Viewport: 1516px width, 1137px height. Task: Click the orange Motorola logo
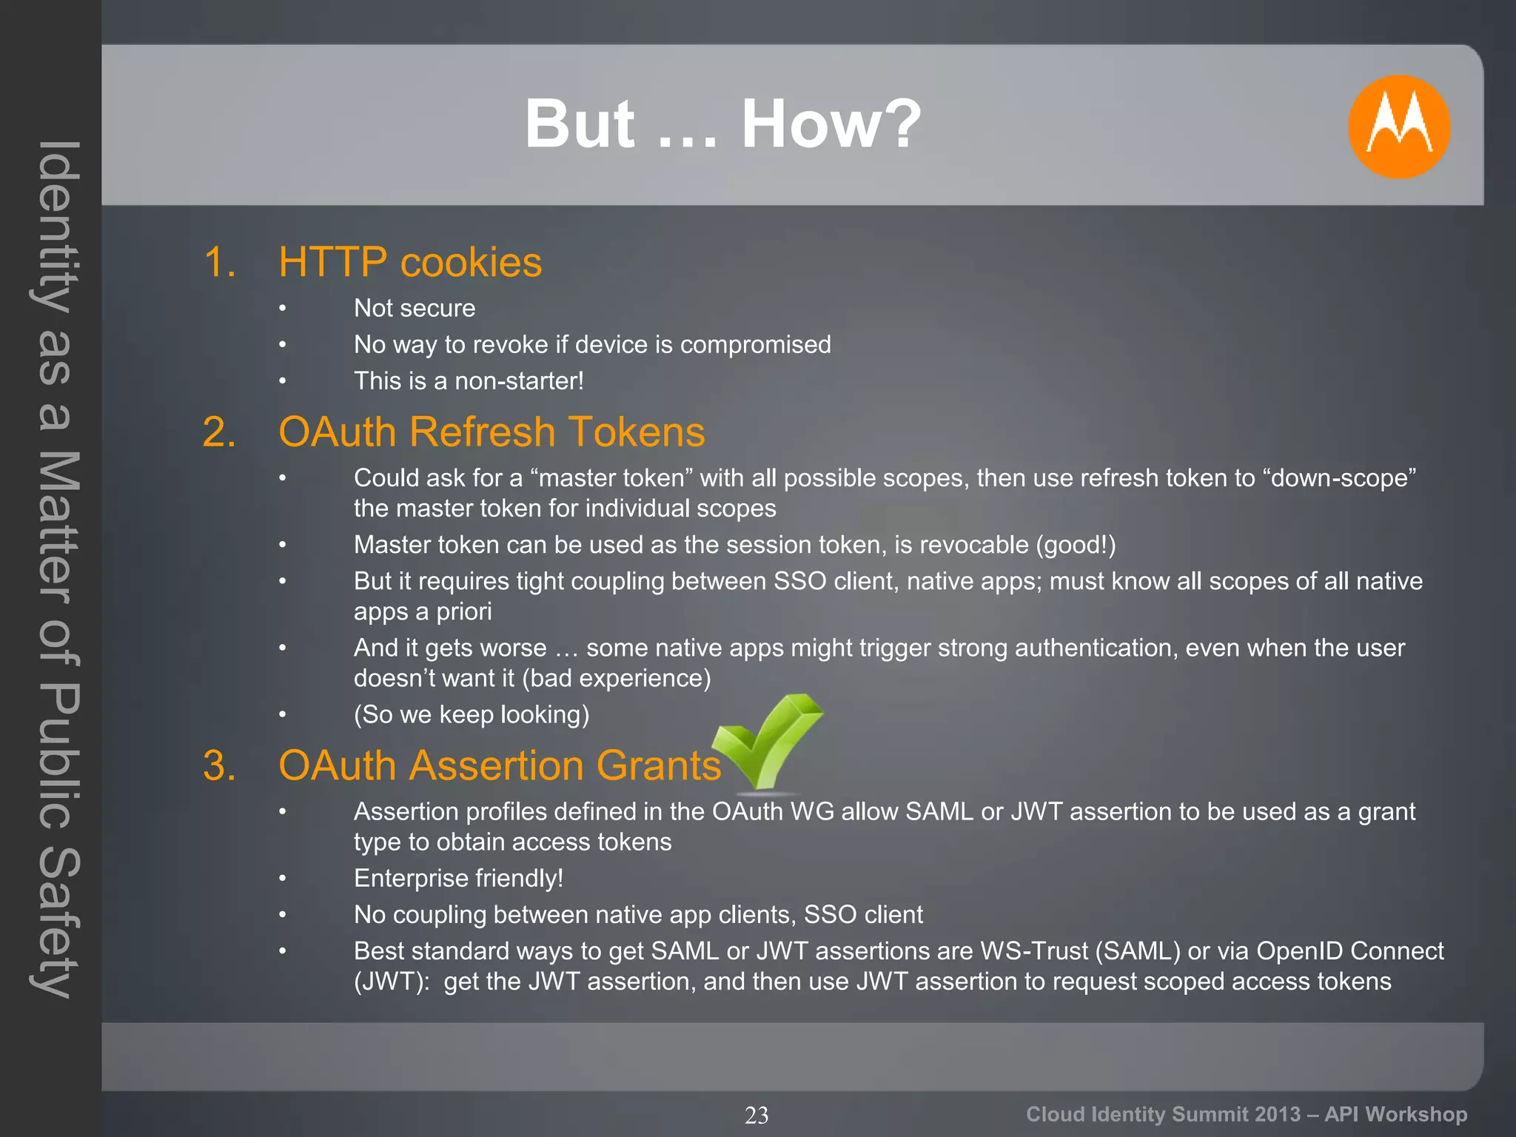pyautogui.click(x=1398, y=127)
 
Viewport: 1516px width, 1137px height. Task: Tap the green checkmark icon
pyautogui.click(x=770, y=740)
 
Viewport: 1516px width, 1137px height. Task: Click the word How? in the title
pyautogui.click(x=831, y=124)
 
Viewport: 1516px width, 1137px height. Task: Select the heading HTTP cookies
pyautogui.click(x=410, y=263)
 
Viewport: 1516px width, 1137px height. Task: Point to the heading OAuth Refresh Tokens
pyautogui.click(x=492, y=432)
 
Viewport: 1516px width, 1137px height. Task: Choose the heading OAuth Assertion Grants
pyautogui.click(x=500, y=765)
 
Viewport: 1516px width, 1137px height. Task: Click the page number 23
pyautogui.click(x=757, y=1115)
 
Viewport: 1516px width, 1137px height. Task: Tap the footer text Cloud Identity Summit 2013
pyautogui.click(x=1163, y=1114)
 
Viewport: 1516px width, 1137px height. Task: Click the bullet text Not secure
pyautogui.click(x=415, y=308)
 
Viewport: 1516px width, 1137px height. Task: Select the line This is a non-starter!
pyautogui.click(x=469, y=380)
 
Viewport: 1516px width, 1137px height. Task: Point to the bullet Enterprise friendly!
pyautogui.click(x=458, y=878)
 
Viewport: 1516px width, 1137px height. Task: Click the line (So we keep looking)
pyautogui.click(x=472, y=714)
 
